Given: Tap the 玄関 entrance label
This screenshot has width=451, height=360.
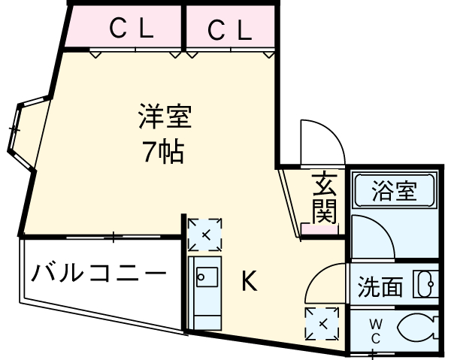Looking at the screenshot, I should [x=324, y=198].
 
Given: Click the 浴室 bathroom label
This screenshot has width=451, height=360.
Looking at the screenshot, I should [x=394, y=191].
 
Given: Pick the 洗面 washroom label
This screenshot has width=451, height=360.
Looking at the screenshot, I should [x=380, y=286].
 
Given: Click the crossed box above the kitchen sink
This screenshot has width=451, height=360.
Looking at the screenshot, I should [x=204, y=234].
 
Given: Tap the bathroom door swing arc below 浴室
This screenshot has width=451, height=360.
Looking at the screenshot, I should [x=373, y=234].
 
